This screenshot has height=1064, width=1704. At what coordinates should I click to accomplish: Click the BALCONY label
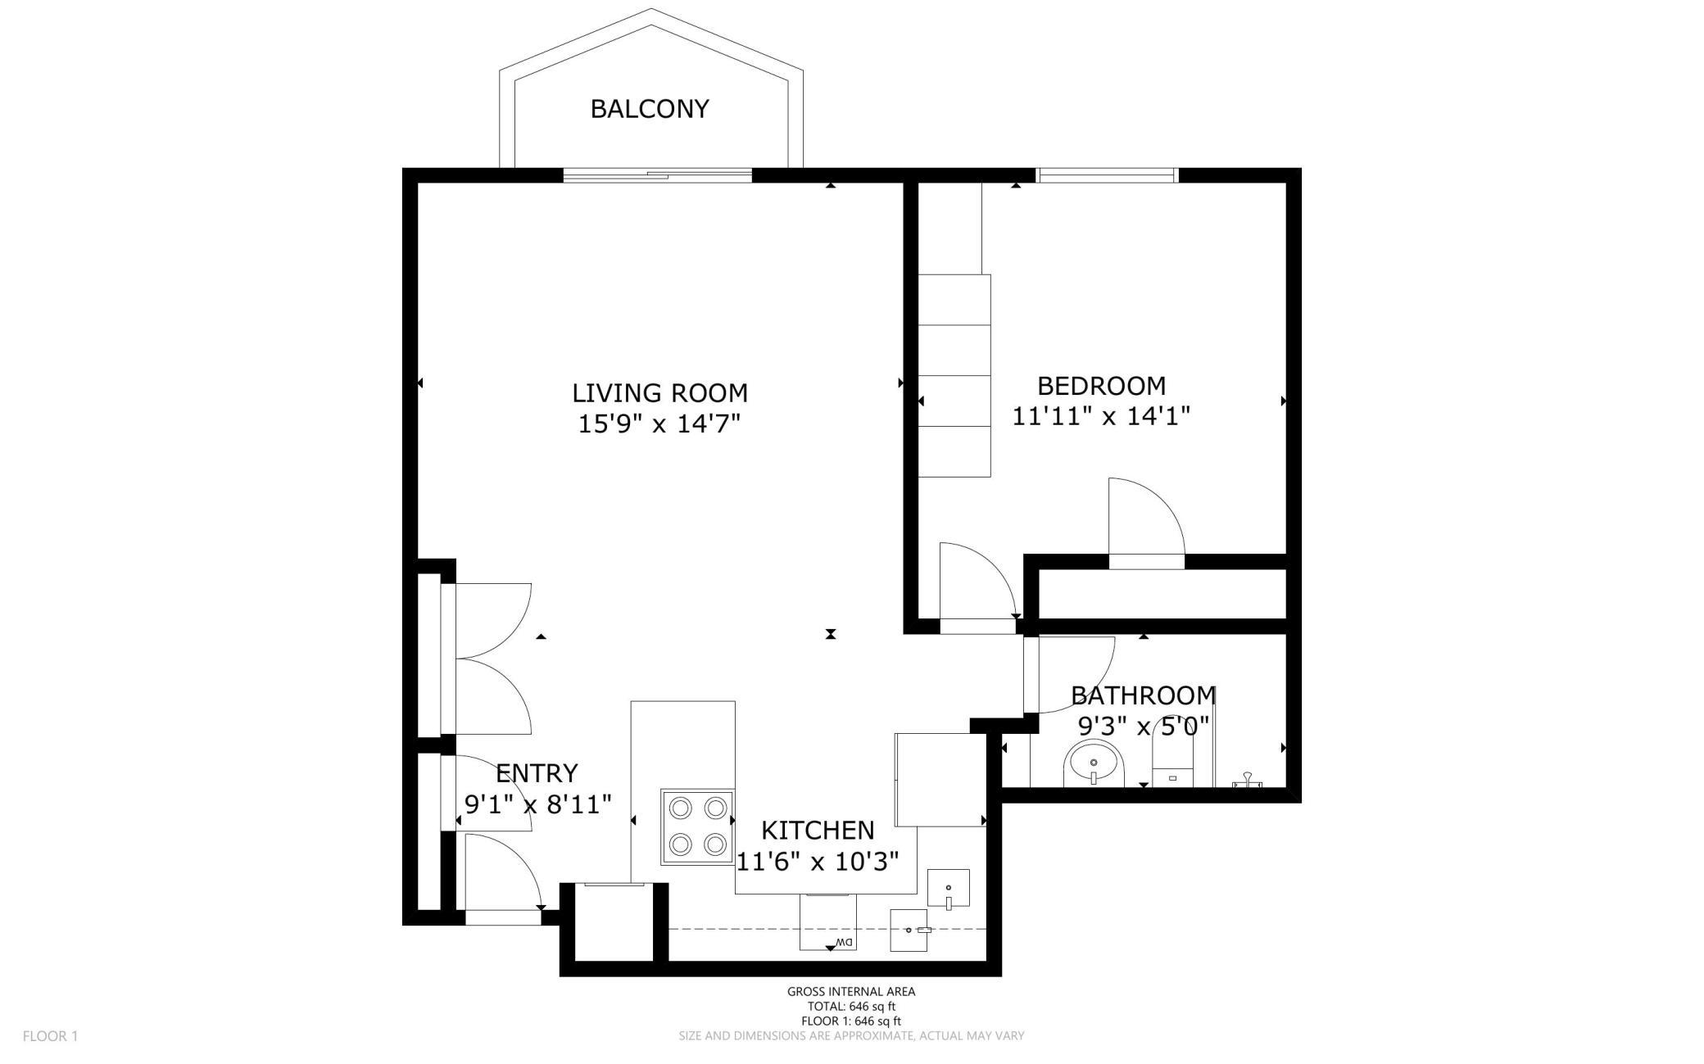point(650,109)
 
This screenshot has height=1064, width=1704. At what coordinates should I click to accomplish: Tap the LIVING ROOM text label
point(659,393)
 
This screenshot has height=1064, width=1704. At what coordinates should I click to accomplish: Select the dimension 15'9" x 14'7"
point(659,424)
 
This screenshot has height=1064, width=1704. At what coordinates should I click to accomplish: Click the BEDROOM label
point(1101,386)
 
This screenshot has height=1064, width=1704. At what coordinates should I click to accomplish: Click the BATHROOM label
point(1143,695)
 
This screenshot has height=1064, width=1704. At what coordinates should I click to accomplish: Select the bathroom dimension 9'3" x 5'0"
point(1143,727)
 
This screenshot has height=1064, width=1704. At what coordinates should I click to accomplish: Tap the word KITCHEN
point(818,831)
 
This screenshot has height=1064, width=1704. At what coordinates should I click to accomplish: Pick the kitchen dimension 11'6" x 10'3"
point(818,862)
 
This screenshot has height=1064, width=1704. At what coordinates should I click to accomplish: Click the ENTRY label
point(537,773)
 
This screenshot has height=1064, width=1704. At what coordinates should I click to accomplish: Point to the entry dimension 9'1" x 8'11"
point(537,804)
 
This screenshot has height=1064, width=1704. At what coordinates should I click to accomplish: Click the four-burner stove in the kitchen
point(697,826)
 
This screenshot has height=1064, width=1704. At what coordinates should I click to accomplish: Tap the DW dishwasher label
point(844,942)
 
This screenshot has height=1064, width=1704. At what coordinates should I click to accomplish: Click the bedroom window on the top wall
point(1107,174)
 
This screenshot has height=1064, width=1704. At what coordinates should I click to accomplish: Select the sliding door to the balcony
point(657,174)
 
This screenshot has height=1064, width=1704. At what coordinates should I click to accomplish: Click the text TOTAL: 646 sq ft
point(851,1007)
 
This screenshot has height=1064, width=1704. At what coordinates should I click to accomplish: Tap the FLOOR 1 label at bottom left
point(50,1036)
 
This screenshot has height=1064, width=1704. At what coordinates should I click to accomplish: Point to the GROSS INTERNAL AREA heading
point(851,991)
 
